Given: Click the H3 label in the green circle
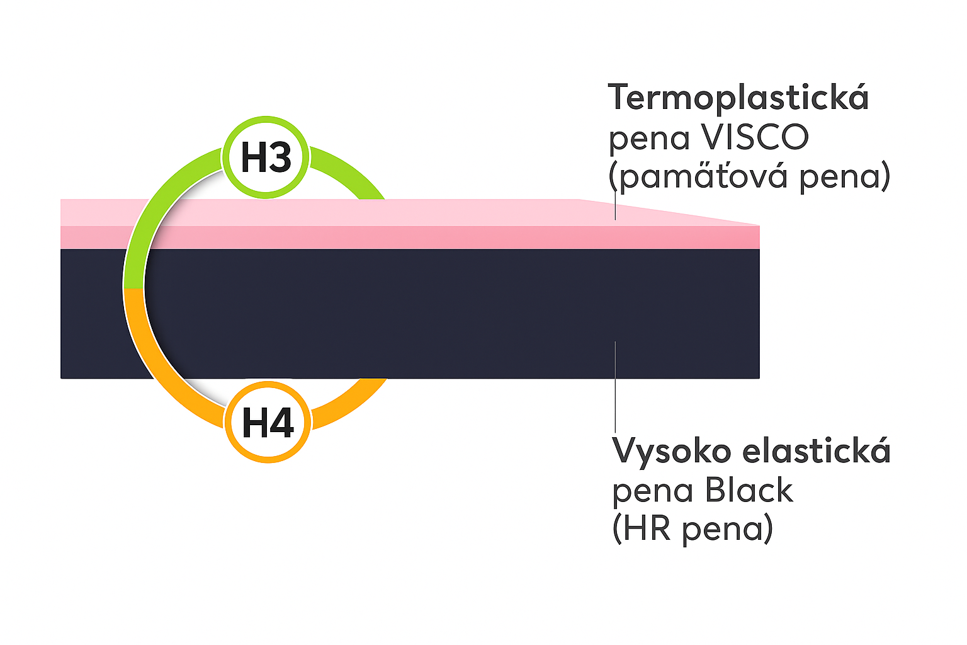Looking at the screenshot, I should tap(266, 157).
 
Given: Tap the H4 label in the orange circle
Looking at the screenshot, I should tap(268, 422).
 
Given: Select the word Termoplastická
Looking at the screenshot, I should tap(738, 98).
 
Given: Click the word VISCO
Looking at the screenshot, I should tap(754, 137).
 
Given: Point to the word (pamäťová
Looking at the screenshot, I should tap(698, 176).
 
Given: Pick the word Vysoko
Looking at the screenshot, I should tap(672, 451).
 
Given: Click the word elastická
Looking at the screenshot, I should tap(817, 451).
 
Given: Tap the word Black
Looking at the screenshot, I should tap(749, 491).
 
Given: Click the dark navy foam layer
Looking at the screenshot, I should tap(441, 315).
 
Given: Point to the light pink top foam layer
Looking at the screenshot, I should tap(378, 212).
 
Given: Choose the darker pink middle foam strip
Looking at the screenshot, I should tap(441, 237).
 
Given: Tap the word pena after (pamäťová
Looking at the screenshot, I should tap(844, 176).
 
